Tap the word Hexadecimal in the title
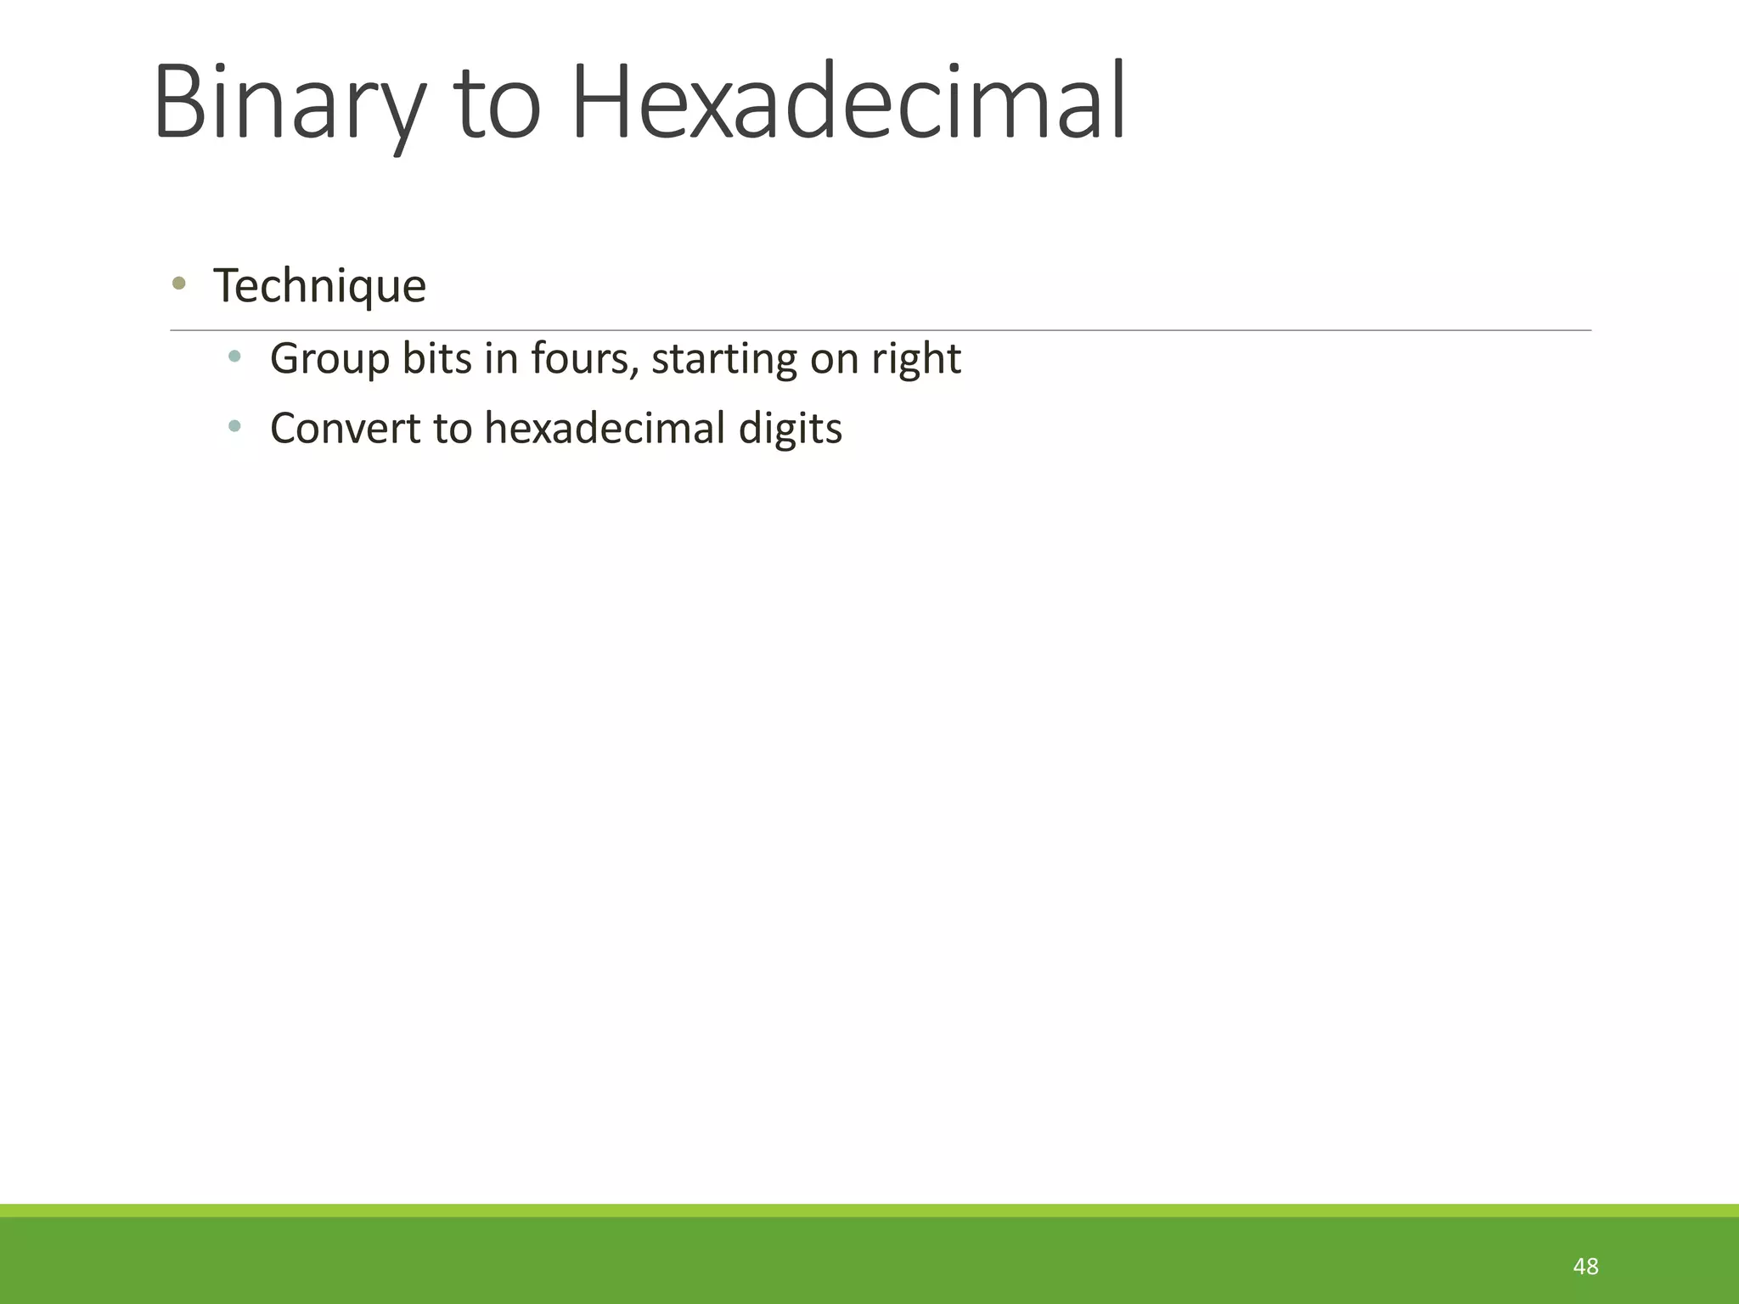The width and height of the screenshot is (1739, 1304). coord(849,102)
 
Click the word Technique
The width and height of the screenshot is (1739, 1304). coord(319,286)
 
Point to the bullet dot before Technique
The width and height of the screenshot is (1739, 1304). coord(178,284)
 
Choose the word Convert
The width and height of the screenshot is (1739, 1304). coord(345,428)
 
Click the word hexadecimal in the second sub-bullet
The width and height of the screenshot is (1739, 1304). coord(604,428)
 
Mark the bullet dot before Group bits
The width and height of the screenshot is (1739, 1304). coord(234,356)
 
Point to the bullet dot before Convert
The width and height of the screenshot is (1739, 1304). coord(234,425)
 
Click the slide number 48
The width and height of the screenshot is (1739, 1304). coord(1585,1267)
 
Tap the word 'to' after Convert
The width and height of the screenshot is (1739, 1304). coord(452,428)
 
